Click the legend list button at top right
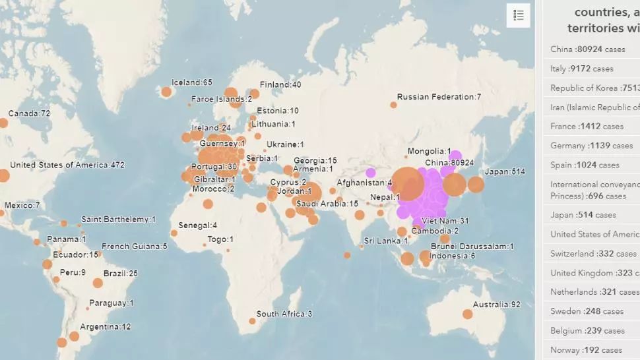pyautogui.click(x=519, y=16)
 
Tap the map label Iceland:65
pyautogui.click(x=192, y=83)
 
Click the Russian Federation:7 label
pyautogui.click(x=439, y=97)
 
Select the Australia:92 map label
pyautogui.click(x=497, y=305)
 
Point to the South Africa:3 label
pyautogui.click(x=284, y=314)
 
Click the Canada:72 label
pyautogui.click(x=29, y=113)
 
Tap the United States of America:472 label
pyautogui.click(x=67, y=165)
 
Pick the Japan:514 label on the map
pyautogui.click(x=505, y=172)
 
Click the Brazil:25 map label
pyautogui.click(x=120, y=273)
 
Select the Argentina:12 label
pyautogui.click(x=106, y=326)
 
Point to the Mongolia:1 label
pyautogui.click(x=430, y=151)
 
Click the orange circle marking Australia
pyautogui.click(x=467, y=315)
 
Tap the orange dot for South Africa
pyautogui.click(x=252, y=321)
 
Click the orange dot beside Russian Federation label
pyautogui.click(x=393, y=105)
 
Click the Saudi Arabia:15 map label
pyautogui.click(x=327, y=204)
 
